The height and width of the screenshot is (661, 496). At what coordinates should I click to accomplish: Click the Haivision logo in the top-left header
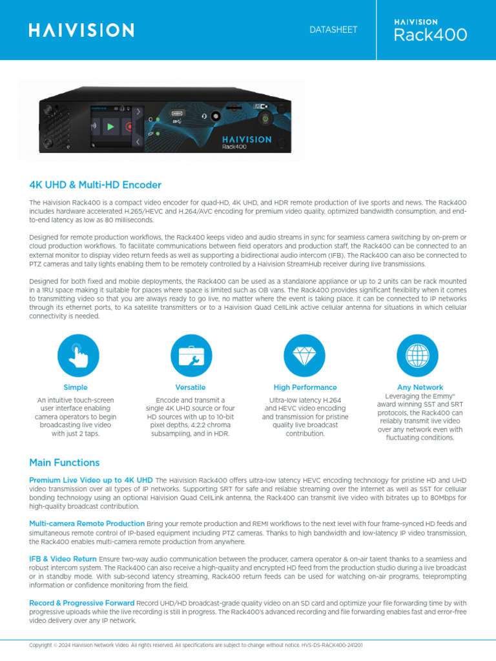coord(81,30)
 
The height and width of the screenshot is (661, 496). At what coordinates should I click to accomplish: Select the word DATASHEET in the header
coord(333,30)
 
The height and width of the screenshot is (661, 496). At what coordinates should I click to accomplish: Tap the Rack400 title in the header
coord(431,36)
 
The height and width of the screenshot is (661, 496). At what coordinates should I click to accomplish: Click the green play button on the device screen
coord(110,127)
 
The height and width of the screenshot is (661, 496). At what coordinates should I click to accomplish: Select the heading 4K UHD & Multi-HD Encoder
coord(95,185)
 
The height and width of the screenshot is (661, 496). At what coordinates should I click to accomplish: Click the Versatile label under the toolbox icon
coord(191,387)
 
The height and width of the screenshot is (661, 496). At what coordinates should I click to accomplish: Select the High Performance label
coord(305,387)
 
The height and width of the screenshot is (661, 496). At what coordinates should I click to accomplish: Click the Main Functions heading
coord(65,463)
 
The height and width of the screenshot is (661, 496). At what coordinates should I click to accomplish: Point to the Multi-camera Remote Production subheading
coord(87,524)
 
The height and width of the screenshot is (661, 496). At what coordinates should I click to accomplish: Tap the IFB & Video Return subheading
coord(63,558)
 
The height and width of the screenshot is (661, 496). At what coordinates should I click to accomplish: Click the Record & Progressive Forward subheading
coord(82,603)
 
